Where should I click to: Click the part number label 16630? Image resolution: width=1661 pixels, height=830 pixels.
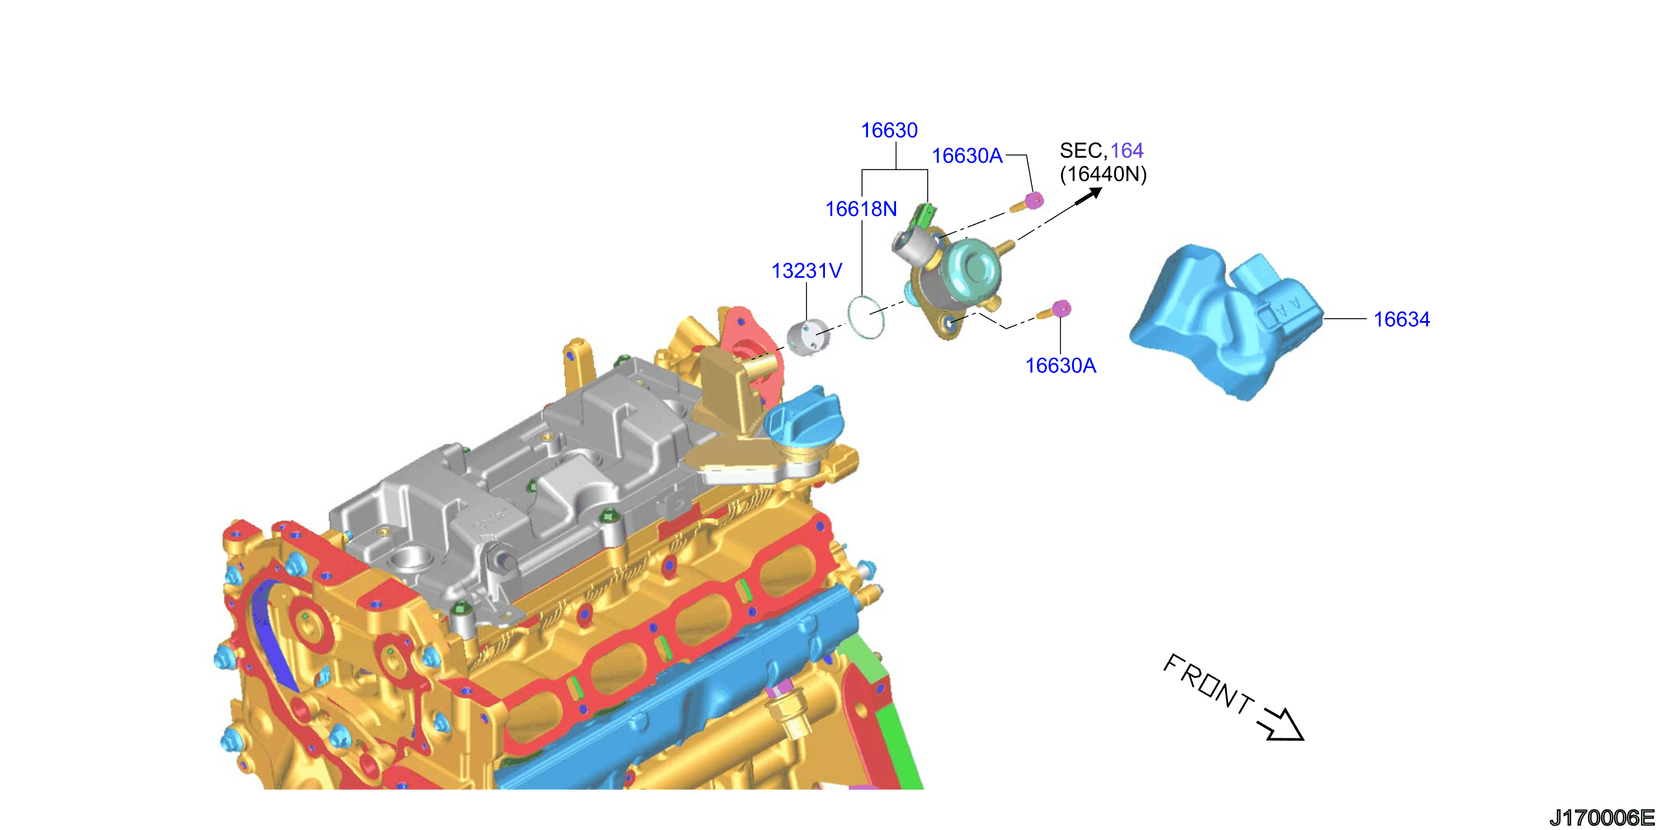click(x=889, y=130)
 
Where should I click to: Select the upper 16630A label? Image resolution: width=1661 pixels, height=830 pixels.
click(x=967, y=155)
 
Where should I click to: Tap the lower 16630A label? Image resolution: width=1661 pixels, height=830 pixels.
click(x=1061, y=365)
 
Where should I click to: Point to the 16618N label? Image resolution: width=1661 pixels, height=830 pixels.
click(x=861, y=209)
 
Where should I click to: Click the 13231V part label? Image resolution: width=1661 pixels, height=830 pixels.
click(x=806, y=271)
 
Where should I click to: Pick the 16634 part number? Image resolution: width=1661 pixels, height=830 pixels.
click(x=1402, y=319)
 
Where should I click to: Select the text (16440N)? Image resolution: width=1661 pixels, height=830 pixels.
click(x=1103, y=174)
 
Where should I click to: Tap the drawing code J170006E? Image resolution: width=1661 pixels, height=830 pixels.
click(x=1602, y=818)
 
